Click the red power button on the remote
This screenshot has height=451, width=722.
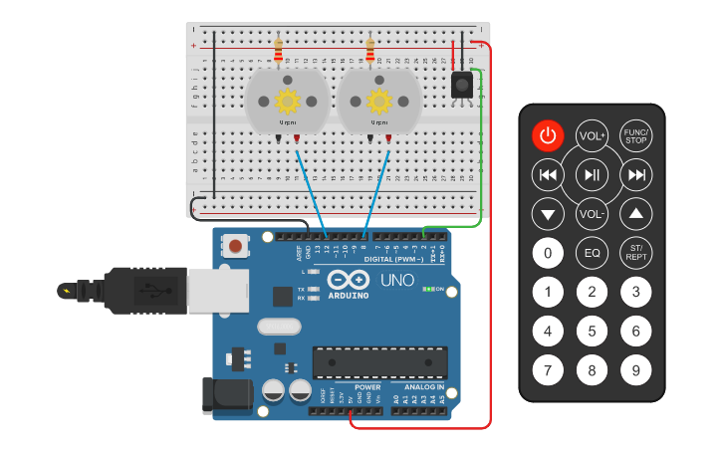coord(548,135)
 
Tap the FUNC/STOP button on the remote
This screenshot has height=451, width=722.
coord(635,135)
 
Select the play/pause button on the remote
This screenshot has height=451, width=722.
coord(593,175)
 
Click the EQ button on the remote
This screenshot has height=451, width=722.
coord(593,253)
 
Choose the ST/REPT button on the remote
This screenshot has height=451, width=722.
coord(635,253)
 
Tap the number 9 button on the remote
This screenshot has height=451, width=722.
coord(635,370)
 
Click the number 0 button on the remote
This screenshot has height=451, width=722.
coord(548,253)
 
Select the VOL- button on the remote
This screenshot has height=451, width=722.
coord(593,213)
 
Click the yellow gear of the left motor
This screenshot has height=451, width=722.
coord(288,101)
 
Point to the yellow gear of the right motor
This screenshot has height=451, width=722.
coord(379,101)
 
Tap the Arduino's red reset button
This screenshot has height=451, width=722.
coord(235,245)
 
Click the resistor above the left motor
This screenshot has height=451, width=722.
coord(278,49)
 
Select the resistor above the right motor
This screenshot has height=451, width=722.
coord(370,49)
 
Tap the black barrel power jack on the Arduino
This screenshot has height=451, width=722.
coord(223,395)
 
